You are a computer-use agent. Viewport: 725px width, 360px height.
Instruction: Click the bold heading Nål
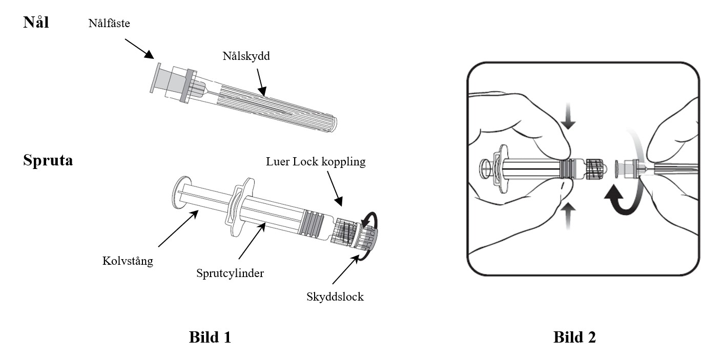[36, 23]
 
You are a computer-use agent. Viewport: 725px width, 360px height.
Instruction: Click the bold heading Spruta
[48, 160]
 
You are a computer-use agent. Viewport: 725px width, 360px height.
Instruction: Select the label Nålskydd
[246, 56]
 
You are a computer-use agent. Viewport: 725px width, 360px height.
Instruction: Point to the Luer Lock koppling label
[316, 162]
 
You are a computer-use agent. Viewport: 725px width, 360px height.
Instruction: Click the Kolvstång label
[128, 261]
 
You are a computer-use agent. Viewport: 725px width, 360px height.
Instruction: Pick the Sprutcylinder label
[230, 273]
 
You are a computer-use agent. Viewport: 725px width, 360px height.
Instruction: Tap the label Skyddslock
[335, 297]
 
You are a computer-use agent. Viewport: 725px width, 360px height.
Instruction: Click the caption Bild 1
[210, 337]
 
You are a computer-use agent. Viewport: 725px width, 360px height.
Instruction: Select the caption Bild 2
[574, 337]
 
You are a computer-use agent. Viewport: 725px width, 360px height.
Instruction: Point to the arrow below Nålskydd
[261, 82]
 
